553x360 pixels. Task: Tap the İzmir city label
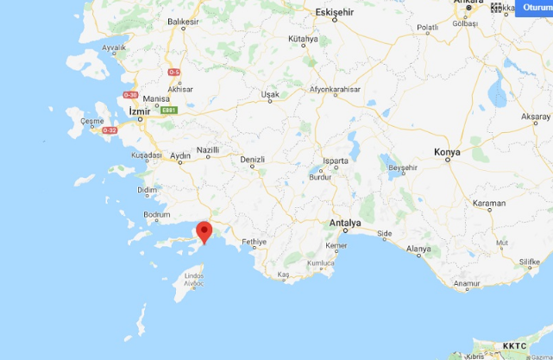click(x=139, y=113)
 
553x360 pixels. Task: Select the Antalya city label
click(x=344, y=224)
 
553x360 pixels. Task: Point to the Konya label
click(x=447, y=152)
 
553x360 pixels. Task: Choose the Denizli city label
click(x=252, y=159)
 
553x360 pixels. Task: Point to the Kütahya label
click(x=304, y=40)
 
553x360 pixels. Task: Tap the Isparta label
click(x=335, y=161)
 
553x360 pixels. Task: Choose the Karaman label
click(x=489, y=204)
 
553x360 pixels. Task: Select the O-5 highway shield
click(x=174, y=72)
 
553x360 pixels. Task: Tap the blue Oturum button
click(x=533, y=9)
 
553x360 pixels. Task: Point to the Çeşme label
click(x=92, y=121)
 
